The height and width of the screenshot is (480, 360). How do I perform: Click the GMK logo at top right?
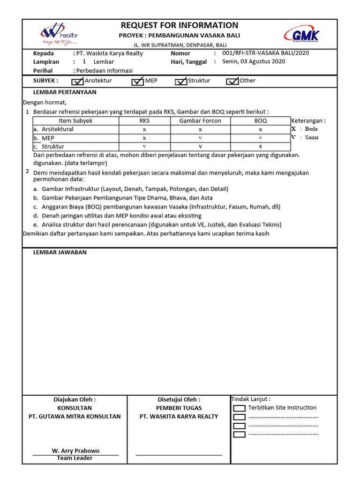(x=302, y=35)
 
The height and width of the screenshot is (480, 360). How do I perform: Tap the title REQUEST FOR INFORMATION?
(x=180, y=25)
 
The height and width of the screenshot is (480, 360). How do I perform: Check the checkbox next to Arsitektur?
(x=77, y=82)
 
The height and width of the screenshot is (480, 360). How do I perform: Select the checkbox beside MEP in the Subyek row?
(x=138, y=82)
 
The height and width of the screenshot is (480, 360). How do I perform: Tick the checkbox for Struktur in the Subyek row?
(x=181, y=82)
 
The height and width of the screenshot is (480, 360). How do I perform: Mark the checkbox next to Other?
(x=232, y=82)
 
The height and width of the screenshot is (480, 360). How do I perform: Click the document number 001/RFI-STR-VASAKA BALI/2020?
(x=265, y=53)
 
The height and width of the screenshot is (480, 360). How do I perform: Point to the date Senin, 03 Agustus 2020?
(x=253, y=61)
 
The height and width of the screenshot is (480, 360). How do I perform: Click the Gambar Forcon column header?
(x=200, y=121)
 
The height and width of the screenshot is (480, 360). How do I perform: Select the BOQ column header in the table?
(x=261, y=121)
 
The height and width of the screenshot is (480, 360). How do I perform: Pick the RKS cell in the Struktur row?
(x=144, y=147)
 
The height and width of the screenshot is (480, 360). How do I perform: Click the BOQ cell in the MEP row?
(x=261, y=138)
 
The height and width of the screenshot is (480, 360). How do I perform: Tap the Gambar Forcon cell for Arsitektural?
(x=200, y=129)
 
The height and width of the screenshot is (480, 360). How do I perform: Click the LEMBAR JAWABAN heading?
(x=60, y=252)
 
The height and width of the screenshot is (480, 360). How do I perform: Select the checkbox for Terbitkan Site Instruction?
(x=239, y=408)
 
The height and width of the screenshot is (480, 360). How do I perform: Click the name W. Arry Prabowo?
(x=75, y=450)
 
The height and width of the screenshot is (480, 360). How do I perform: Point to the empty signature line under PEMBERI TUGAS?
(x=179, y=454)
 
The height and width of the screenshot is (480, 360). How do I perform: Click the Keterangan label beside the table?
(x=308, y=120)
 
